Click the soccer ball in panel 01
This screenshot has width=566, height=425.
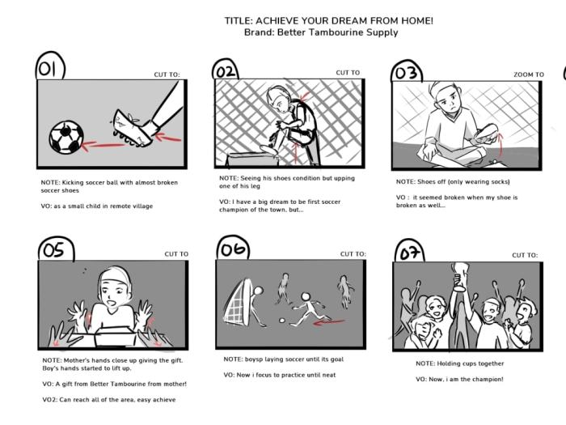click(x=65, y=138)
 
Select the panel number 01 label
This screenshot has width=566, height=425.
click(x=50, y=70)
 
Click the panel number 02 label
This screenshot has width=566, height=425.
click(x=226, y=71)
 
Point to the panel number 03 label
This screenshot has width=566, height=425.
click(x=407, y=74)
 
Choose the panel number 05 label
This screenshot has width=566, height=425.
click(x=53, y=249)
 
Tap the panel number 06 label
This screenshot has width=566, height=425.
click(x=233, y=249)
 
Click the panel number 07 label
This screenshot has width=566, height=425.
click(x=409, y=253)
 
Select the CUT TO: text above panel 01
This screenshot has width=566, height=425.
click(x=167, y=74)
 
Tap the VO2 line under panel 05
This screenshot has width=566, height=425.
click(x=108, y=400)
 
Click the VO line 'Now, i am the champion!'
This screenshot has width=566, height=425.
click(x=459, y=379)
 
